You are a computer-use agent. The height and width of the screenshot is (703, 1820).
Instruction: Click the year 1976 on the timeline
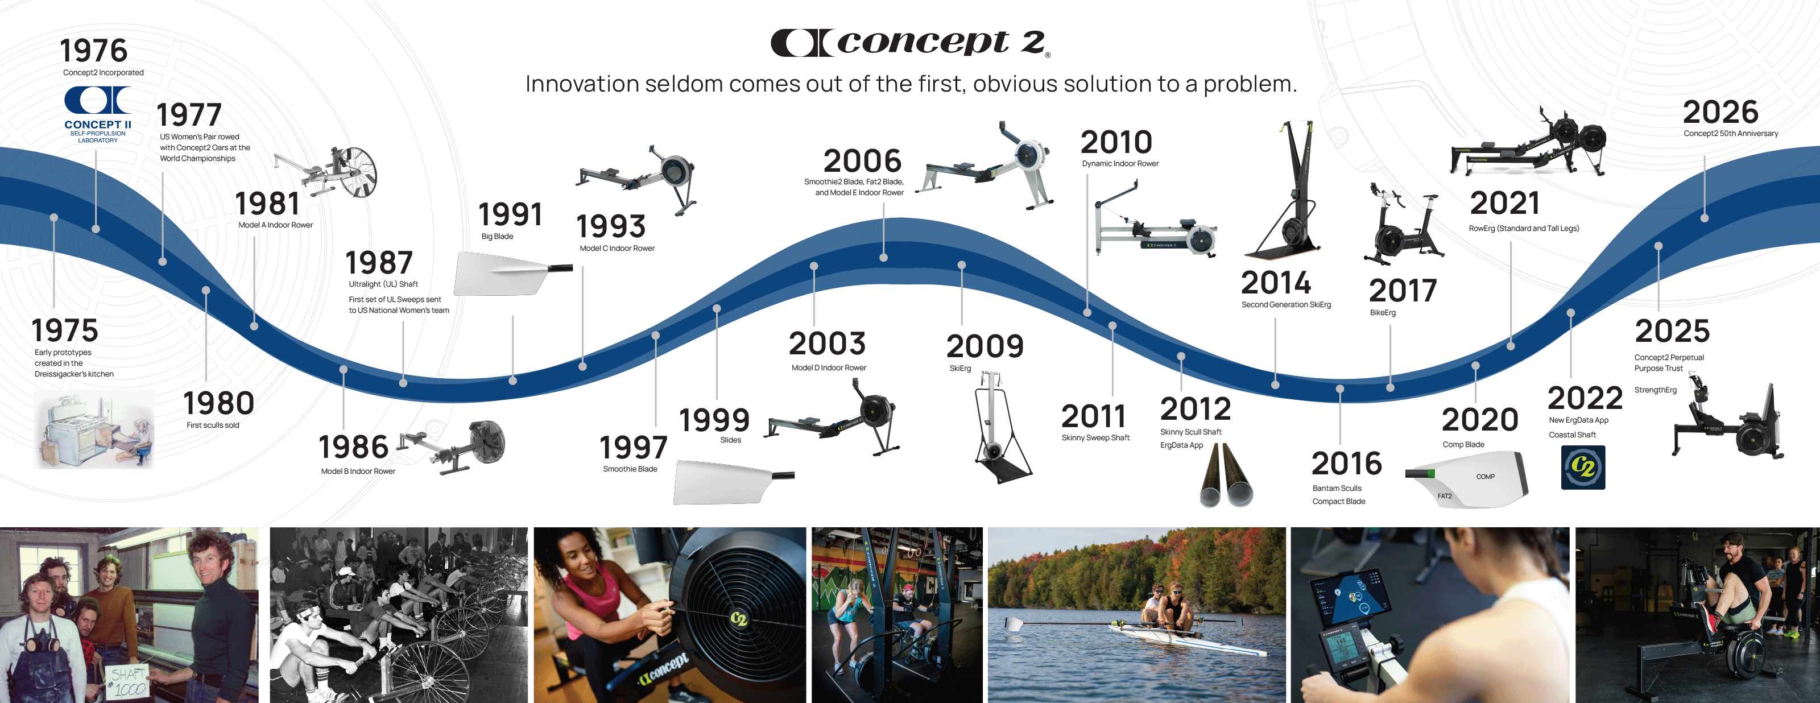point(93,51)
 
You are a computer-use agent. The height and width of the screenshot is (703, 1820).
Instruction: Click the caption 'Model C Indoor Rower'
point(617,248)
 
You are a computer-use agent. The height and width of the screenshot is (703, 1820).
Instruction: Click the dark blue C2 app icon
point(1583,467)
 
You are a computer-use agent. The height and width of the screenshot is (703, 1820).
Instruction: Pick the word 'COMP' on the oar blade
point(1485,477)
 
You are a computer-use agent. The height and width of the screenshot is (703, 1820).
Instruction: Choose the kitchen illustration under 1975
point(93,429)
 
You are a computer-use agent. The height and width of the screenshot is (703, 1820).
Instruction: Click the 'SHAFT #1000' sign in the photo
point(128,682)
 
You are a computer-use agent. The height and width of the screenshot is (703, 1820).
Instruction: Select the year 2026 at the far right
point(1720,111)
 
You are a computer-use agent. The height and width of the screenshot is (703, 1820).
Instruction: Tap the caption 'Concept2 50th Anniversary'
point(1730,134)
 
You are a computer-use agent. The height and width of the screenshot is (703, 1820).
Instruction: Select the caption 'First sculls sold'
point(213,425)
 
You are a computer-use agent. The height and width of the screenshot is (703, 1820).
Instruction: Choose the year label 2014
point(1275,283)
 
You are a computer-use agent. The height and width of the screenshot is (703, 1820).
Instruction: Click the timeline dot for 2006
point(883,257)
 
